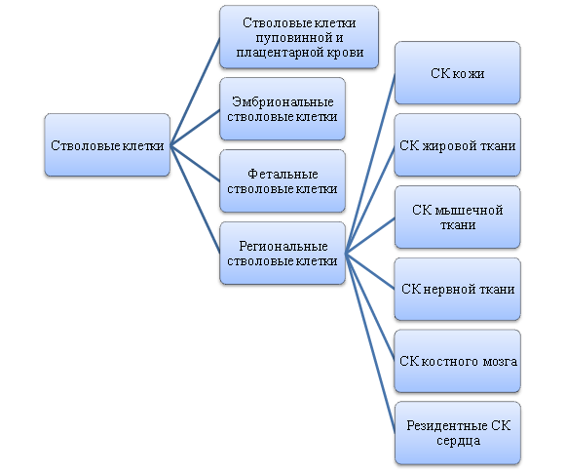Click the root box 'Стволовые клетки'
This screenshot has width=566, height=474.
click(107, 145)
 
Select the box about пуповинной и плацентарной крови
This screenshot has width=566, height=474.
click(299, 37)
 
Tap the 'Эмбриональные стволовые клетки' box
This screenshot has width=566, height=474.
click(283, 108)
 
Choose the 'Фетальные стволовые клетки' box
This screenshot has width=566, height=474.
click(283, 181)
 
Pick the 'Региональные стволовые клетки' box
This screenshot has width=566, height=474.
click(283, 253)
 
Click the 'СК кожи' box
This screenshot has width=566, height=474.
click(457, 73)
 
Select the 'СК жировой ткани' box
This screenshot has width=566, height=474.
click(457, 145)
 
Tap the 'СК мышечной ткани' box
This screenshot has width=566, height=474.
click(457, 217)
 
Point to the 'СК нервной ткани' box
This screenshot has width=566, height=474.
click(457, 289)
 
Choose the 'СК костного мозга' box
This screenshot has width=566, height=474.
click(457, 361)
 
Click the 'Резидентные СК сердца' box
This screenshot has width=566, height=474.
click(457, 433)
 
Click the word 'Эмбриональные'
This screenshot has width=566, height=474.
click(283, 101)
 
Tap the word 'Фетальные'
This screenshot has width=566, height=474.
click(283, 174)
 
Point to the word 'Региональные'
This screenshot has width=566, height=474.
click(283, 247)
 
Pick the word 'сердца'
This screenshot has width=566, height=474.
click(458, 441)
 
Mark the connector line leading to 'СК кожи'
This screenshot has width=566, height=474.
click(370, 163)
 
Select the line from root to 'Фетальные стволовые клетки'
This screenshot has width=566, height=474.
click(195, 163)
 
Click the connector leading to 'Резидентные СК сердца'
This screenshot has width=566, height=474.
click(370, 343)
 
